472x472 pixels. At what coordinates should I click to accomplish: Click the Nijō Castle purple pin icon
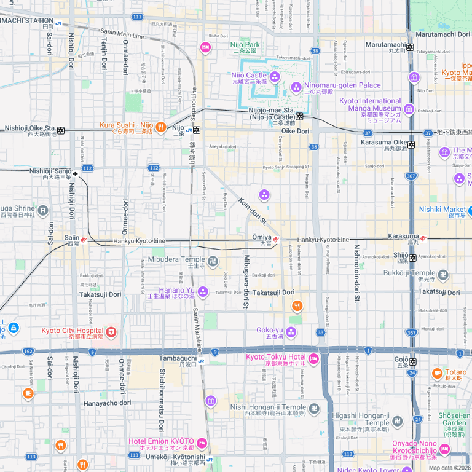(x=274, y=76)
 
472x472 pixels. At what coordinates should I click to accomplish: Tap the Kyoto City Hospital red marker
(x=111, y=332)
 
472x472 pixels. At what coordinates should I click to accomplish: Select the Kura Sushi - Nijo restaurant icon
(x=160, y=127)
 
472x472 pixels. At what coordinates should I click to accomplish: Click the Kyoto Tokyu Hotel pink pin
(x=313, y=359)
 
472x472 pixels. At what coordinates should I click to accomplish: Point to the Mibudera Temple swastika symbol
(x=213, y=262)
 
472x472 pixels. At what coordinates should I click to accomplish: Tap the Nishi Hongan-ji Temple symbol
(x=313, y=409)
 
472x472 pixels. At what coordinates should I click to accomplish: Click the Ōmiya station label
(x=262, y=237)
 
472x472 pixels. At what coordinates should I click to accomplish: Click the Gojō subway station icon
(x=412, y=362)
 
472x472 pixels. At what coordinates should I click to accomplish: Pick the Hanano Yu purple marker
(x=203, y=291)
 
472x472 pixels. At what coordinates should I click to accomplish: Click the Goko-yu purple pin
(x=291, y=332)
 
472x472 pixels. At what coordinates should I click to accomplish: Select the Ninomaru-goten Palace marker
(x=296, y=87)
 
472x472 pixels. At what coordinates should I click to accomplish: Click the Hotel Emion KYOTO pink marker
(x=202, y=443)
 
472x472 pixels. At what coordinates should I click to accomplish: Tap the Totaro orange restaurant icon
(x=437, y=372)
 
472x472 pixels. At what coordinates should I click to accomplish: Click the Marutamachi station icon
(x=410, y=47)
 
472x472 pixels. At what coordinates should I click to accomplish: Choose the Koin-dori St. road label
(x=253, y=210)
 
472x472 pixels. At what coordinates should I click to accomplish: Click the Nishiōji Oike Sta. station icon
(x=61, y=130)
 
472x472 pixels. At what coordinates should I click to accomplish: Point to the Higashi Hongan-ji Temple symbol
(x=397, y=421)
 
